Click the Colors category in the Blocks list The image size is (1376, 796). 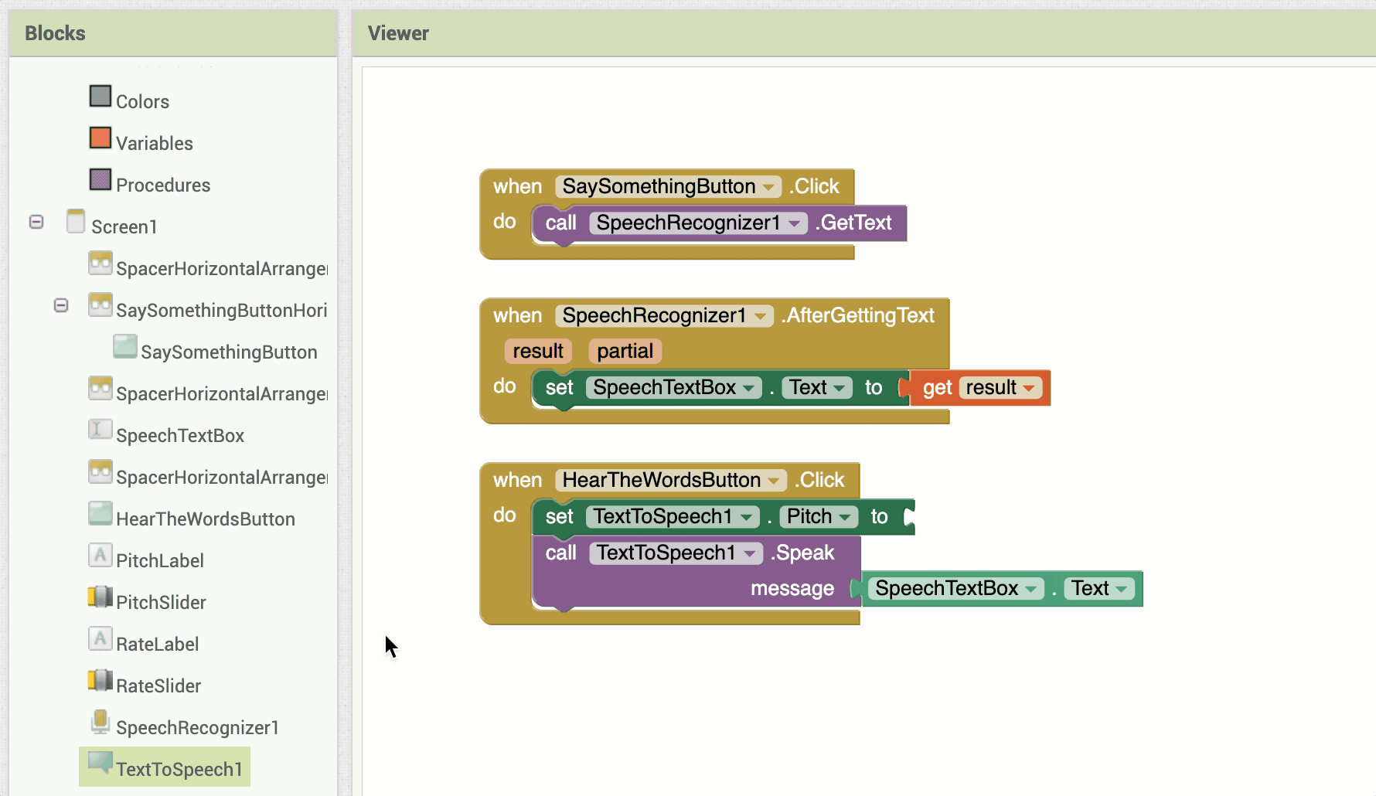point(142,101)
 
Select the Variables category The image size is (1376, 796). point(154,143)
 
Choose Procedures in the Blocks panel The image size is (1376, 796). point(163,185)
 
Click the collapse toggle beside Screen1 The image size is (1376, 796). point(36,222)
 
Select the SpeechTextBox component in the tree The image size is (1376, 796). point(180,435)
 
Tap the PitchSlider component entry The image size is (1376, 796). point(161,602)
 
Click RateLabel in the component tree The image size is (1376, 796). point(157,644)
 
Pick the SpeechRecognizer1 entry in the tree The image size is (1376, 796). point(197,727)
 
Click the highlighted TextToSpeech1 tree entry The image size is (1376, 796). point(179,769)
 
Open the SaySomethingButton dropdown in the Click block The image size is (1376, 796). point(769,187)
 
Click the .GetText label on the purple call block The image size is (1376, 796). point(853,223)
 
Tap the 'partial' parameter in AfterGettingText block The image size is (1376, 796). point(625,351)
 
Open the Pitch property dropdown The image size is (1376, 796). point(819,516)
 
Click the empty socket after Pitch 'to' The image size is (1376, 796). point(909,516)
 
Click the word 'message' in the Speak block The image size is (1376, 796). point(792,588)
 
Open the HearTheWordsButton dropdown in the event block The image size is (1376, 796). point(774,481)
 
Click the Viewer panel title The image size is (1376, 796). point(398,33)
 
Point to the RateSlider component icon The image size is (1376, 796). point(100,680)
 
